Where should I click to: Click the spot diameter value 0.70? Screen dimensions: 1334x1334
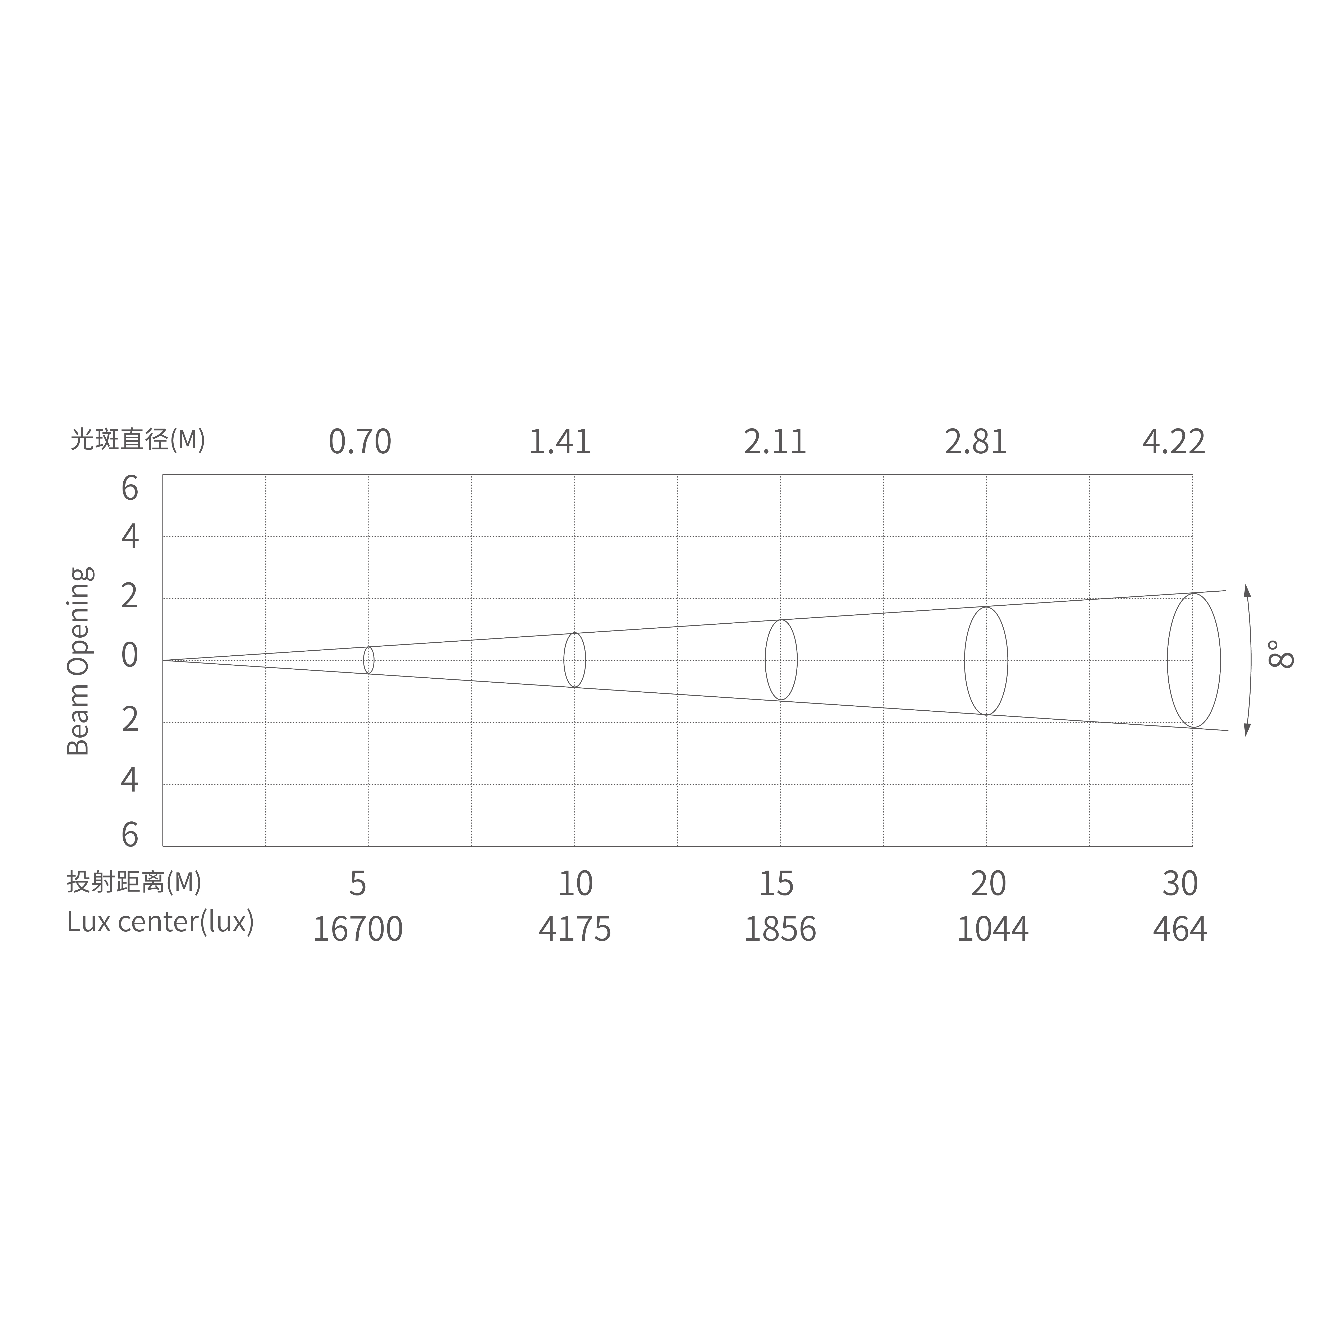point(360,442)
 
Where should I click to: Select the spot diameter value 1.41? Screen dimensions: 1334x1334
point(560,442)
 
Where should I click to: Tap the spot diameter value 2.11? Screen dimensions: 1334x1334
point(775,442)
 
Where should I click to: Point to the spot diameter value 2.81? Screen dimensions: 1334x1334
point(976,442)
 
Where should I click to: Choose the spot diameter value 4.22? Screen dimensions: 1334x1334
point(1174,442)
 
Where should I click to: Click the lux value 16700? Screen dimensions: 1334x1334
point(358,929)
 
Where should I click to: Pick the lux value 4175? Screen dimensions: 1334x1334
point(574,929)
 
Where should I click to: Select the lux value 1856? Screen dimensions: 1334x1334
point(780,929)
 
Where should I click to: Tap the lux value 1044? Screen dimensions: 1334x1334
point(992,929)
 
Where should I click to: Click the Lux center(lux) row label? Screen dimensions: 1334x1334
point(160,922)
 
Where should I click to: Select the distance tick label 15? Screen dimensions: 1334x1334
point(776,884)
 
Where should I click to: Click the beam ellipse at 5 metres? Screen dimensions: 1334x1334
point(369,660)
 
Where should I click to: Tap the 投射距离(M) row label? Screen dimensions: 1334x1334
point(135,882)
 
